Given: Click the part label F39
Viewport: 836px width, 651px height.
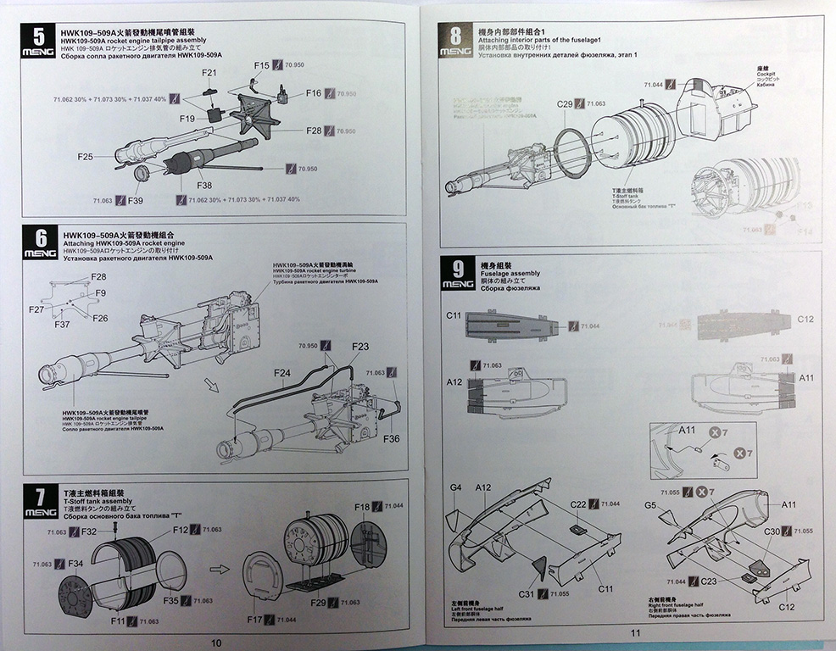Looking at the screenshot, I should coord(133,200).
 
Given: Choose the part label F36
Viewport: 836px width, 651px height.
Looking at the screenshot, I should coord(391,438).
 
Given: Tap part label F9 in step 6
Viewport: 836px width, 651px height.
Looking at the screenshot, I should coord(100,292).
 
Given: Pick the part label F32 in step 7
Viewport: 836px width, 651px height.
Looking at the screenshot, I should coord(88,531).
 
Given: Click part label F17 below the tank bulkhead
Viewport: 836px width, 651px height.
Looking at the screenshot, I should coord(255,620).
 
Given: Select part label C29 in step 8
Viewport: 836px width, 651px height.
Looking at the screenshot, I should coord(565,103).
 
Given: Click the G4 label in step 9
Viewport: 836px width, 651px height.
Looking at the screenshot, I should coord(455,487).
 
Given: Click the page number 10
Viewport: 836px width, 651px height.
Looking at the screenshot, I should coord(215,643).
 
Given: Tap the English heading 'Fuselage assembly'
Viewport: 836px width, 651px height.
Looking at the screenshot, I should coord(510,274).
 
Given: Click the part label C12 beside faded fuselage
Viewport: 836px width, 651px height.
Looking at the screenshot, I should coord(805,320).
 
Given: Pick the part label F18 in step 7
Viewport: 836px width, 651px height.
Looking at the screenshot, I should coord(362,507).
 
